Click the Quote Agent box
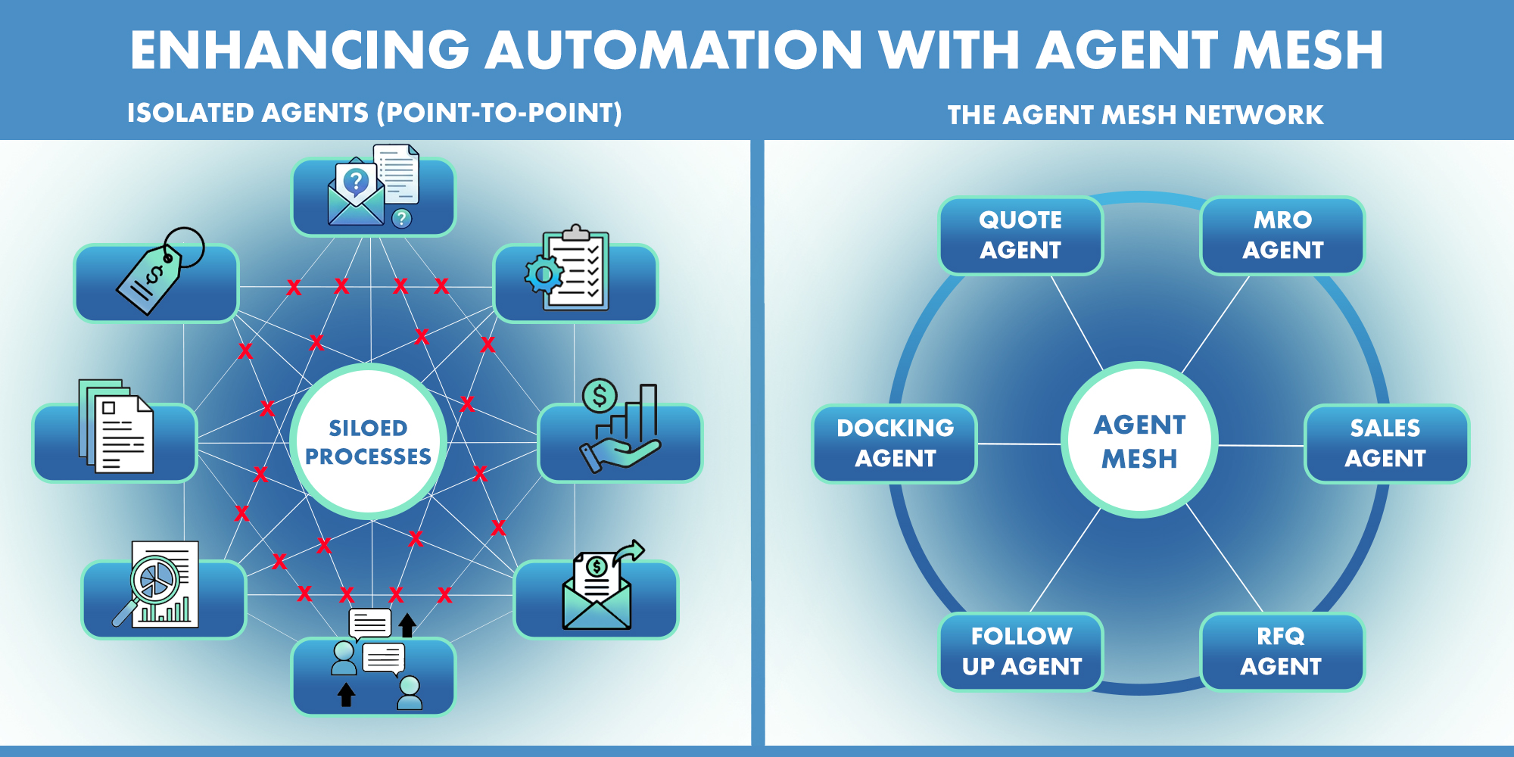tap(1020, 235)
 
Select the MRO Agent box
tap(1282, 235)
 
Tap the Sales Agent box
tap(1385, 444)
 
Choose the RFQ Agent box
tap(1281, 652)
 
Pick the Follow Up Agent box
tap(1021, 652)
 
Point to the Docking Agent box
tap(895, 444)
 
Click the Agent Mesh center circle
tap(1139, 441)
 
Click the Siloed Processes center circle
tap(369, 442)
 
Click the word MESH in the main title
tap(1308, 50)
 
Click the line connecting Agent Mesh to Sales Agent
tap(1260, 445)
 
